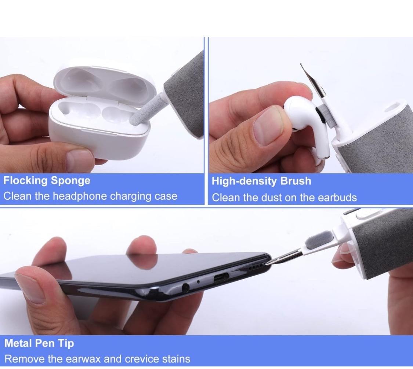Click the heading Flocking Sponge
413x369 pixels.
(x=47, y=181)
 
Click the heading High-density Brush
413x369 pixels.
(x=261, y=181)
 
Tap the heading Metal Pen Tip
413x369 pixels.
(x=39, y=344)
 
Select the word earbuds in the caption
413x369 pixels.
(x=337, y=198)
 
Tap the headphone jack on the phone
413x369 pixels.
(x=185, y=288)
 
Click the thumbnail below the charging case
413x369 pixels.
(x=80, y=160)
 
